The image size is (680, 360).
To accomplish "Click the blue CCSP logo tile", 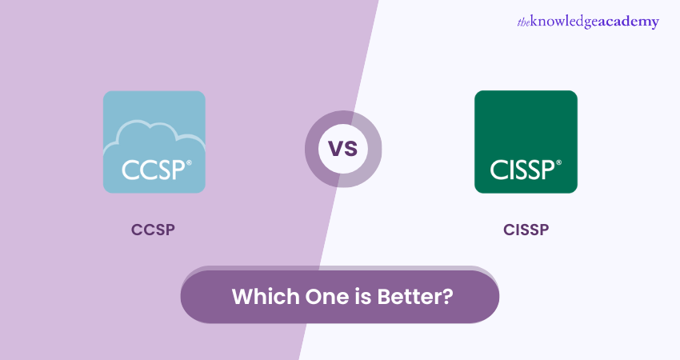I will click(x=154, y=142).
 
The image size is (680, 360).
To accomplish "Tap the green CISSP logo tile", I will click(x=525, y=142).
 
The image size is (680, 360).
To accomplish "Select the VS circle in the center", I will click(x=342, y=149).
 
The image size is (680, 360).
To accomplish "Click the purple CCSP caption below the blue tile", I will click(x=153, y=230).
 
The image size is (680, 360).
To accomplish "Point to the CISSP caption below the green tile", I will click(x=526, y=230).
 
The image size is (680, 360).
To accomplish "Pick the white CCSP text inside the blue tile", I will click(x=151, y=169).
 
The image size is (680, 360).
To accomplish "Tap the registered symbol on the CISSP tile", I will click(x=558, y=162).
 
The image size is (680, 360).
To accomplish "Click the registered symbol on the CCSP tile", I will click(x=189, y=162).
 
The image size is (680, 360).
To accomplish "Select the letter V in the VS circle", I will click(x=334, y=150).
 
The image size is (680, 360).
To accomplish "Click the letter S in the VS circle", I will click(x=351, y=150).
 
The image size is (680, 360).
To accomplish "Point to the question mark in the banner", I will click(x=449, y=296).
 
